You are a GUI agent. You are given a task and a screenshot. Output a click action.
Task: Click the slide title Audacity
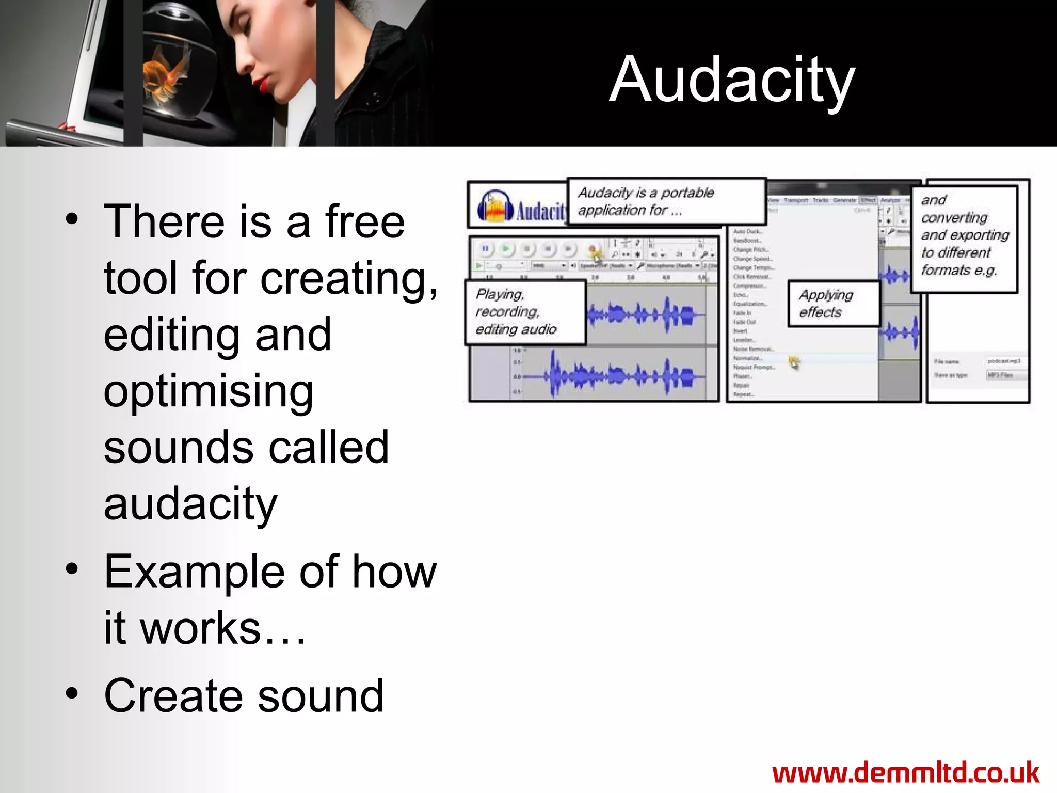pos(732,80)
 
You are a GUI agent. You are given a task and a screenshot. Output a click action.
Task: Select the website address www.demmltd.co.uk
pos(906,773)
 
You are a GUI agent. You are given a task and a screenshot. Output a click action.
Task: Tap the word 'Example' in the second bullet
pos(196,572)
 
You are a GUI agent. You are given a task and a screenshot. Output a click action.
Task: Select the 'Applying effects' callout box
pos(833,304)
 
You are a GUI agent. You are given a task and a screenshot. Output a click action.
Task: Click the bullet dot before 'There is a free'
pos(72,219)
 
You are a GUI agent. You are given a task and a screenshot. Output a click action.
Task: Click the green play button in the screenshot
pos(506,249)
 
